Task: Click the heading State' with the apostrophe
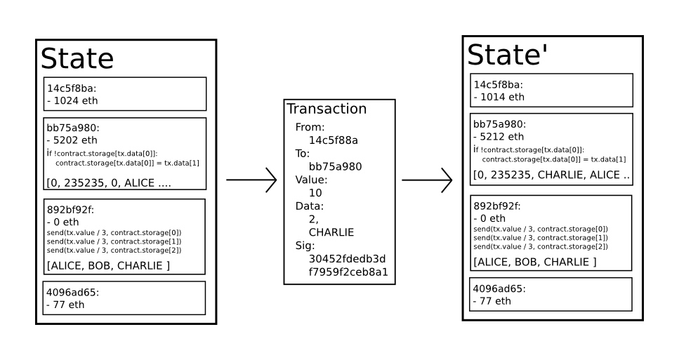point(508,55)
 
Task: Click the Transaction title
point(327,109)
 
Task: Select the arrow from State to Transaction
point(251,180)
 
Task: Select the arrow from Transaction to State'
point(427,180)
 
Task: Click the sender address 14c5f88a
point(333,140)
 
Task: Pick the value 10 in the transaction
point(315,193)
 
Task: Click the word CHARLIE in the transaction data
point(331,232)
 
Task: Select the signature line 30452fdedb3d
point(347,259)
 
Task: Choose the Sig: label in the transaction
point(305,246)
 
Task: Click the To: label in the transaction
point(302,154)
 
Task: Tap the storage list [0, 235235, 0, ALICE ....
point(109,183)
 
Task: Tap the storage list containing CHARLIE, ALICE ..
point(551,175)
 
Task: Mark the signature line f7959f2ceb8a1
point(348,272)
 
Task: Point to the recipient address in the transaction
point(335,166)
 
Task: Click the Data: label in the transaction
point(309,206)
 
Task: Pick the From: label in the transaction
point(310,127)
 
